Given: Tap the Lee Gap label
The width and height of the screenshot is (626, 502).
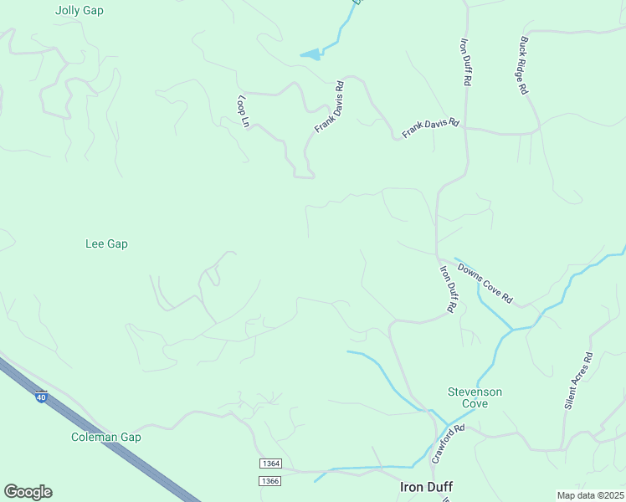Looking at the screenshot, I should (x=106, y=244).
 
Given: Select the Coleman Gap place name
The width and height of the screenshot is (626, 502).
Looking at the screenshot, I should (x=105, y=437).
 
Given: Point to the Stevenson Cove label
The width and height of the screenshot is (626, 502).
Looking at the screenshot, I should (x=475, y=397).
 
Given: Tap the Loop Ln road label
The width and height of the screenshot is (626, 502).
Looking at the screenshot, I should (x=244, y=111).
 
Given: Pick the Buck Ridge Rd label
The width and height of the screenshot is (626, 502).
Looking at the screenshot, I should (x=523, y=64).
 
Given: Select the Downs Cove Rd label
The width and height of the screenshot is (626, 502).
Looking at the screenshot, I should (x=485, y=283).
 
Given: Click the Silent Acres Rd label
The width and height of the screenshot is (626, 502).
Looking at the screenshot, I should (x=577, y=380).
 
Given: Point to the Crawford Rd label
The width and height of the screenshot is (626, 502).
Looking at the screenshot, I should (x=447, y=444).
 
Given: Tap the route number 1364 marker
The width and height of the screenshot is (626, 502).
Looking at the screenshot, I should (x=269, y=464).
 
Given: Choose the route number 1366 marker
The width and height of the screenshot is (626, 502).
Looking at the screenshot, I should (x=269, y=480).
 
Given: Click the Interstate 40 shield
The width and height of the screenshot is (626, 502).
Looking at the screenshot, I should (x=41, y=397).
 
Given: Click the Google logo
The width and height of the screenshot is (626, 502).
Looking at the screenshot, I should (x=28, y=492).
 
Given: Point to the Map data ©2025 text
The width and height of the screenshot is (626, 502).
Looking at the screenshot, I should (x=589, y=495).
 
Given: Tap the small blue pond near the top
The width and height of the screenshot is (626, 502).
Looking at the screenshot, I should (x=310, y=55).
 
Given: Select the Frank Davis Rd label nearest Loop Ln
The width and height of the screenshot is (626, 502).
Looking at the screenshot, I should (x=329, y=107).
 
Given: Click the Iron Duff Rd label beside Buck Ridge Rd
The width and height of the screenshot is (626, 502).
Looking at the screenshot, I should (x=466, y=61).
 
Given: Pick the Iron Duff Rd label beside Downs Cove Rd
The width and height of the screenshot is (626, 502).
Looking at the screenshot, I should (x=449, y=289).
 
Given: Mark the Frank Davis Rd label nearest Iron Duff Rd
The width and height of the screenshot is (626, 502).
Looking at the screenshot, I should (x=431, y=128).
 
